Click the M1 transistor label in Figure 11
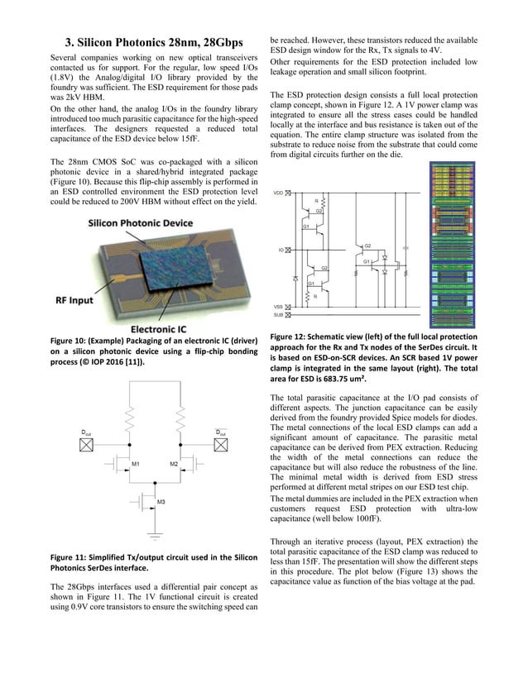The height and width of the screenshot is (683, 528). click(x=134, y=465)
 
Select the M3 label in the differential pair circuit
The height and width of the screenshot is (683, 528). click(x=161, y=502)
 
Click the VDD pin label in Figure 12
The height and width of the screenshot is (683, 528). click(x=278, y=193)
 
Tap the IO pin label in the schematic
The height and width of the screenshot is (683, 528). click(x=281, y=249)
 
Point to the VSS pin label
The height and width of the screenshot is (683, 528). click(x=278, y=307)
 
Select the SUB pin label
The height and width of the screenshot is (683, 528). click(x=278, y=315)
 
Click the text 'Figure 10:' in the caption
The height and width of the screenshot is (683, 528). click(x=72, y=341)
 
